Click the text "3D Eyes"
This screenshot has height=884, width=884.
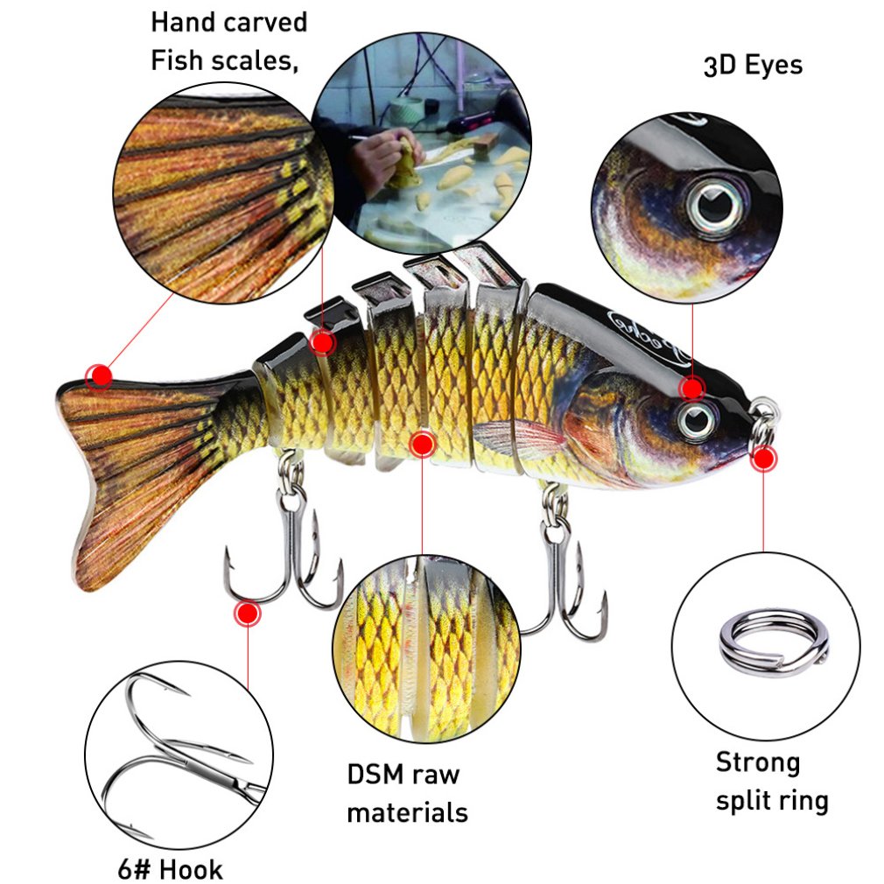[753, 66]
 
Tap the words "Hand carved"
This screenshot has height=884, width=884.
[228, 22]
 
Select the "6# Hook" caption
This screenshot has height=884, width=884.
[170, 869]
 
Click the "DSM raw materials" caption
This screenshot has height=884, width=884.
[406, 793]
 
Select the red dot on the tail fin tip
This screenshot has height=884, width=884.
[100, 376]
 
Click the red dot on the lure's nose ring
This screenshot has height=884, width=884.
[763, 458]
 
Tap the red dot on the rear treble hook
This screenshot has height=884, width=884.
[247, 613]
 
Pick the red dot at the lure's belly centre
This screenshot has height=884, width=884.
[422, 445]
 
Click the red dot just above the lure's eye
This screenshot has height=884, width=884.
[693, 388]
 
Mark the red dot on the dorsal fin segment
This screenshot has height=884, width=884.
[322, 342]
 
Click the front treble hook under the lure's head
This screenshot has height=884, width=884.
[560, 569]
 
